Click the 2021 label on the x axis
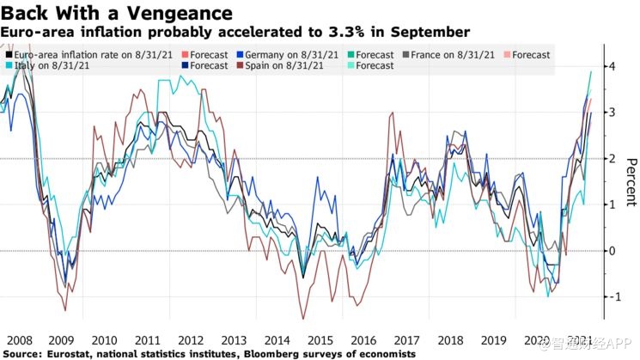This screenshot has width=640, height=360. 578,340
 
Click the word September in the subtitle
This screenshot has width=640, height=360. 435,33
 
